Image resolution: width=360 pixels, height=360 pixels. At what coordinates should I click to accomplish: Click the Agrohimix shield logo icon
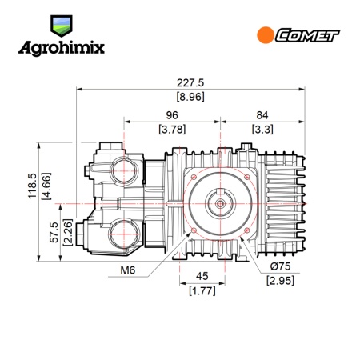62,26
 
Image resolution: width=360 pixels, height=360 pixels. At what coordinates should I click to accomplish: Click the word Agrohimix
62,48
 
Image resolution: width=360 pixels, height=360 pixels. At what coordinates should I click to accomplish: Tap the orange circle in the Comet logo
266,35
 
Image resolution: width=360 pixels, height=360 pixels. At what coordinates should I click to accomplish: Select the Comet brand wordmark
307,35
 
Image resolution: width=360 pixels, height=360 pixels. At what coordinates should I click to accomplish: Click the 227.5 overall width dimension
190,83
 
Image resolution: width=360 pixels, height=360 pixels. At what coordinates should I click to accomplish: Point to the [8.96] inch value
190,97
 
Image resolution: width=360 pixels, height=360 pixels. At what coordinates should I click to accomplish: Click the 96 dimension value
172,115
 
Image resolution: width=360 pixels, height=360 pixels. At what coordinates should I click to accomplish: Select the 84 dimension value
262,115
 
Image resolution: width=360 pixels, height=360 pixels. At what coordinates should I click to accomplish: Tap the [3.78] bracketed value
172,130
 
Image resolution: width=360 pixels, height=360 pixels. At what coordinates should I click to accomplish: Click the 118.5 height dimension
32,186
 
